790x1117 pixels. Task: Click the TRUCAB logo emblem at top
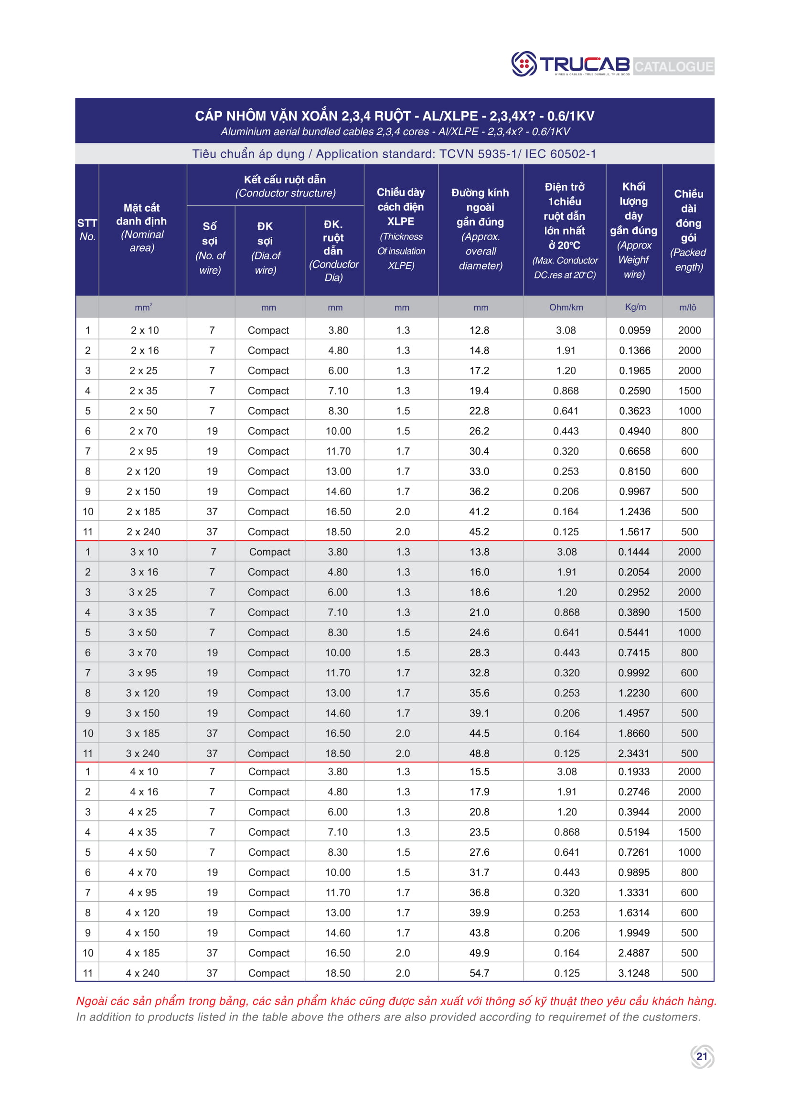pos(524,64)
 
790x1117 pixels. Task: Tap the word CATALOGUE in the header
pos(673,66)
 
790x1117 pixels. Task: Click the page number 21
pos(702,1056)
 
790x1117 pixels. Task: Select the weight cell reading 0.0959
pos(634,330)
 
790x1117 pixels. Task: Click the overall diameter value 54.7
pos(479,973)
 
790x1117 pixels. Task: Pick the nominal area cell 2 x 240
pos(143,532)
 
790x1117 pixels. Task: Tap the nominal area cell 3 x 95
pos(143,673)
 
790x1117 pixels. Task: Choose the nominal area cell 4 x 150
pos(142,933)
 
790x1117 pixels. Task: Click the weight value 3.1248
pos(633,973)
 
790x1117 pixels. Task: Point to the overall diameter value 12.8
pos(479,330)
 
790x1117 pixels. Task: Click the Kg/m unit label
pos(635,307)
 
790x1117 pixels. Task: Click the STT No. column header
pos(87,230)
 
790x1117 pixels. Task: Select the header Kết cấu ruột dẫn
pos(285,180)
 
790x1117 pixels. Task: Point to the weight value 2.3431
pos(633,753)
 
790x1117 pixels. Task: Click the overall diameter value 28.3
pos(479,652)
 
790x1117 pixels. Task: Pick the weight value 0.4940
pos(634,431)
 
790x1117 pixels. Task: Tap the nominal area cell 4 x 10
pos(144,772)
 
